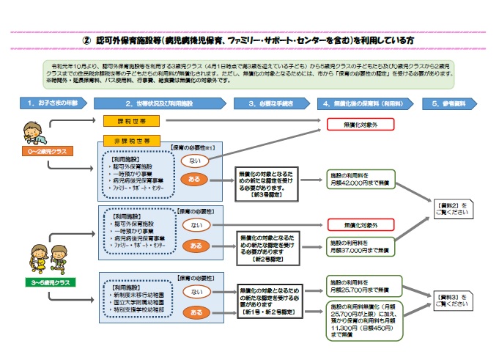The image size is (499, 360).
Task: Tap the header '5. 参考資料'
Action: (x=451, y=103)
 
